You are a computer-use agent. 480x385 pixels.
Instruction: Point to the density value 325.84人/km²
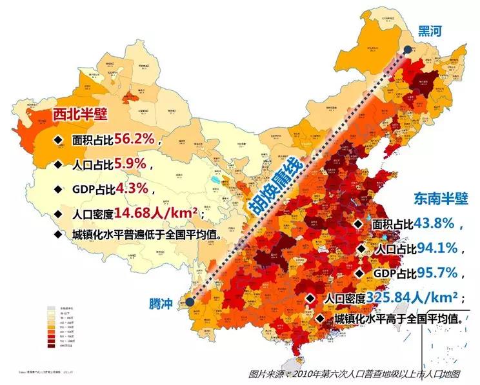pos(412,297)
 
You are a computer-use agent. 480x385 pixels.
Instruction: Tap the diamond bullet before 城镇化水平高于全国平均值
pos(321,319)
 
